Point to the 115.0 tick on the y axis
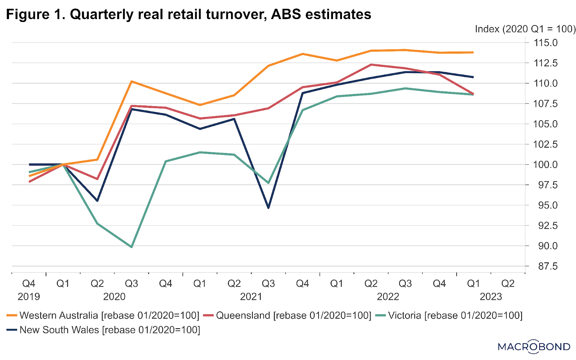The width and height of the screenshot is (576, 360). (x=545, y=43)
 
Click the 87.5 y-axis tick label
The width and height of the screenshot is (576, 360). (x=545, y=266)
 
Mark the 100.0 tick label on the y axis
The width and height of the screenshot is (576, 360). (x=545, y=165)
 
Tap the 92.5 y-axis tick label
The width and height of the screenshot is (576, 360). (x=545, y=226)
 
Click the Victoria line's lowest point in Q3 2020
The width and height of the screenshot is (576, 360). (x=131, y=247)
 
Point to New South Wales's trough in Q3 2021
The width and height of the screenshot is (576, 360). (x=269, y=208)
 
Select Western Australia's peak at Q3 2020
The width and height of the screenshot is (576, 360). (x=131, y=81)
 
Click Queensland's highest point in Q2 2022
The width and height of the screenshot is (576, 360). (x=371, y=65)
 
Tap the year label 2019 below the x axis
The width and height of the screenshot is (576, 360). (x=29, y=297)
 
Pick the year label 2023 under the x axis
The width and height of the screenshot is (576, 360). (x=491, y=297)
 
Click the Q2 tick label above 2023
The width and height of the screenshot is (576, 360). (x=508, y=284)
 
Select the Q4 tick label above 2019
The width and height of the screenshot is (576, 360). (x=29, y=284)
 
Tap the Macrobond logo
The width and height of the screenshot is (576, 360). (x=534, y=347)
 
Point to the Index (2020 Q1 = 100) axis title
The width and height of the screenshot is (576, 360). (x=525, y=29)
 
